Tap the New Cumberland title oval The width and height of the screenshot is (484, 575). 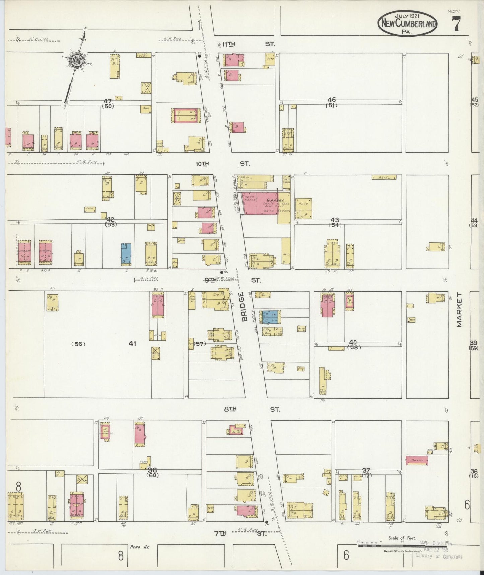click(x=407, y=24)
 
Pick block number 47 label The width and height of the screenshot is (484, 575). click(x=108, y=101)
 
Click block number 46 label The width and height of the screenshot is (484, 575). click(x=332, y=100)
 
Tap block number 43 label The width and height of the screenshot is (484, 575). click(x=334, y=220)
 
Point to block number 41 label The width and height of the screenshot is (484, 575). click(x=133, y=343)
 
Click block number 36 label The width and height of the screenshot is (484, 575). click(x=152, y=469)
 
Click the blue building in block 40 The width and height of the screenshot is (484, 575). click(x=272, y=317)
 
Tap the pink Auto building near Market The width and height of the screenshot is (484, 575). click(x=417, y=460)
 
